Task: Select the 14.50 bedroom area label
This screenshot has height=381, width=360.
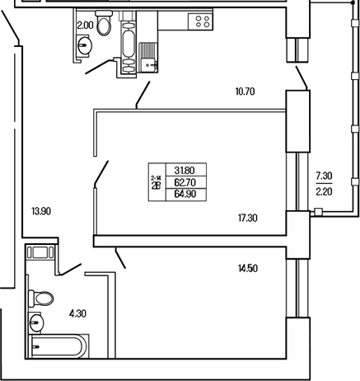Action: coord(246,269)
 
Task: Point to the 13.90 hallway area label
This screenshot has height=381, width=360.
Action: coord(40,211)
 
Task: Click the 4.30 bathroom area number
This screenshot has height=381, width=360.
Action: coord(77,313)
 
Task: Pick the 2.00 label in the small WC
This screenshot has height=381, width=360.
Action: coord(84,26)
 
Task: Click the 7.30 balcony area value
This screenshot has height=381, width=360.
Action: coord(324,176)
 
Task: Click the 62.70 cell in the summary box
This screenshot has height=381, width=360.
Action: coord(186,183)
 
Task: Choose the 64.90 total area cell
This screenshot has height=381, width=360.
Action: coord(186,195)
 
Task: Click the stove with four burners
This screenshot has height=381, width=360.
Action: coord(199,23)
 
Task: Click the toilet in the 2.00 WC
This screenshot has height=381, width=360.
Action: coord(103,24)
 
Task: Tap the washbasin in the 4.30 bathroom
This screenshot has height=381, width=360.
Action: coord(37,321)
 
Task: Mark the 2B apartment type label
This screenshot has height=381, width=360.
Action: coord(155,185)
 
